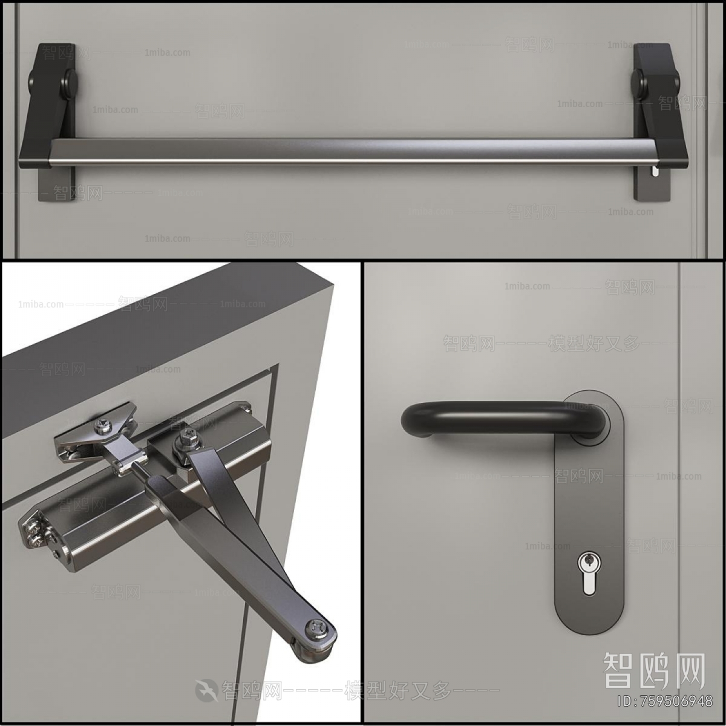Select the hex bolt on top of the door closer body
[185, 437]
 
